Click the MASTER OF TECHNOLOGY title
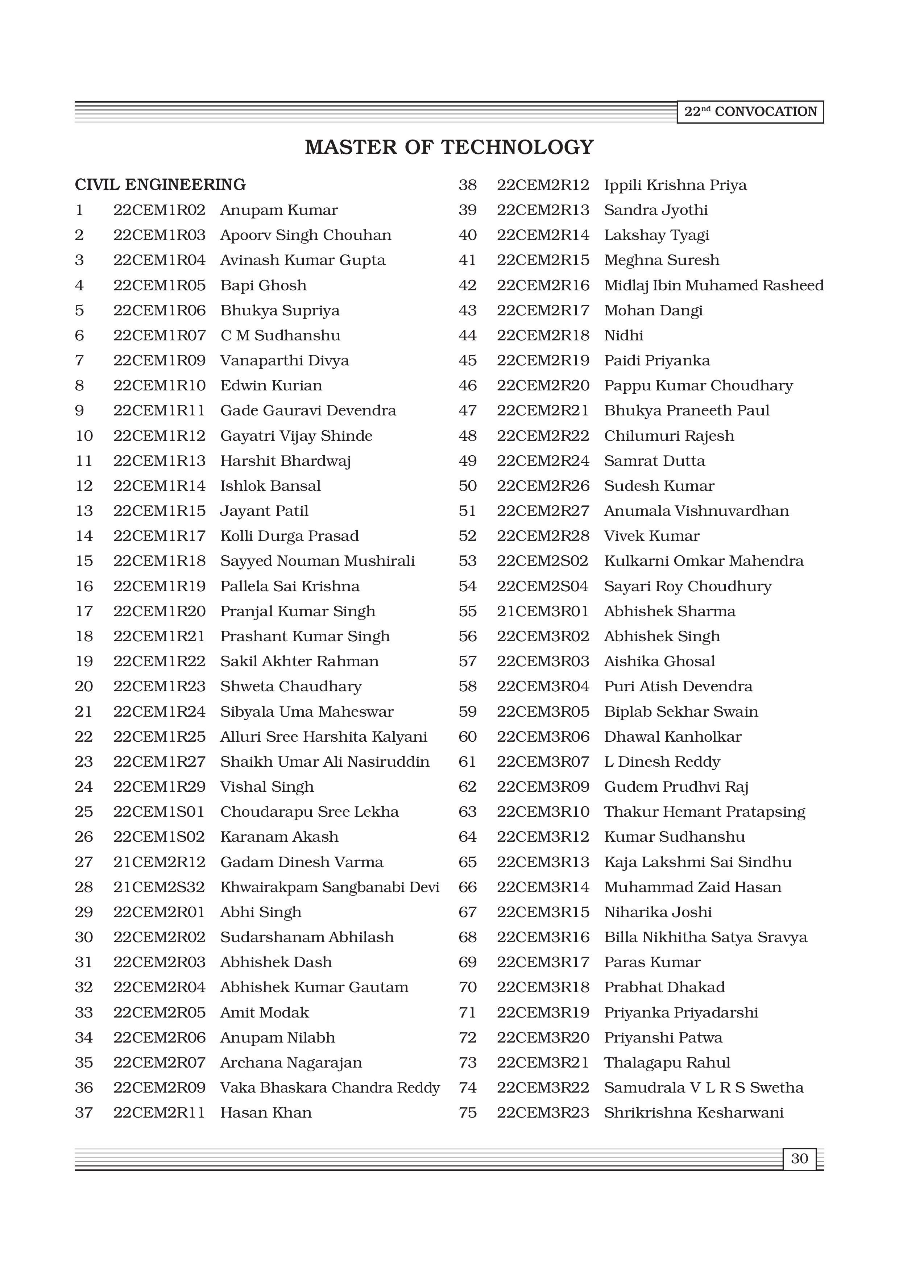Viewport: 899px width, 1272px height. (449, 148)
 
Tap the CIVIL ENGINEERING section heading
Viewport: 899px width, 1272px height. (160, 185)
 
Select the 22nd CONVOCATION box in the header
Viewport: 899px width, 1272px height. (750, 112)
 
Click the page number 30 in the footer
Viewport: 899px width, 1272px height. (799, 1159)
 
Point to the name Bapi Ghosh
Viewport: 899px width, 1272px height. (263, 285)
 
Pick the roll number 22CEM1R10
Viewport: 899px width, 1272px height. (159, 386)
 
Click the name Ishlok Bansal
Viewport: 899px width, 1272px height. (270, 486)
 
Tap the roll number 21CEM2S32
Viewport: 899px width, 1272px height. (159, 887)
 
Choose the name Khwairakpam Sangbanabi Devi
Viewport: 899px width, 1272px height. (330, 887)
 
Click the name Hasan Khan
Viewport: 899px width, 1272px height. (266, 1113)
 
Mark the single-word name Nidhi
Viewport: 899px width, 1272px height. (624, 336)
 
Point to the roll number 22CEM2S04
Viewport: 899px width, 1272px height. (542, 586)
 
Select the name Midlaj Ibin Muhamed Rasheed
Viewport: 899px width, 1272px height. (713, 285)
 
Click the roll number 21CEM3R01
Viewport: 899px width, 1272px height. (542, 611)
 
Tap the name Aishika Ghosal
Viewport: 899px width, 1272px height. (659, 662)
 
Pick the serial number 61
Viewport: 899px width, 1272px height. (468, 762)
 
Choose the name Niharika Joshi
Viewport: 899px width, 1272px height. (658, 912)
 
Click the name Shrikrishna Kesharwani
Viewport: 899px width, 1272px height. (693, 1113)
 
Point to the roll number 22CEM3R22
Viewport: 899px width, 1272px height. (543, 1087)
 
